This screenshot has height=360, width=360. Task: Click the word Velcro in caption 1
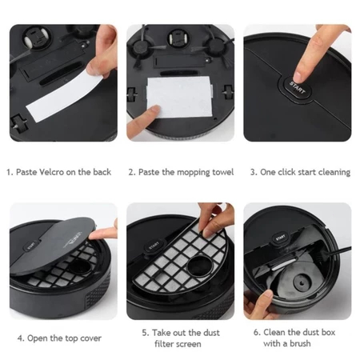coord(51,172)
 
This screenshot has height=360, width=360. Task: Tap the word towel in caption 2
coord(223,172)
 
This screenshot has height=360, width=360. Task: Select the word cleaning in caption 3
coord(334,173)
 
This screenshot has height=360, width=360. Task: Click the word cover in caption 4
coord(90,338)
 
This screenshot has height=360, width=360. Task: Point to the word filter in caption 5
coord(164,344)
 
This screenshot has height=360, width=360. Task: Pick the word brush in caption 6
coord(300,343)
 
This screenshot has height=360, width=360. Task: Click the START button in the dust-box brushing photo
coord(280,238)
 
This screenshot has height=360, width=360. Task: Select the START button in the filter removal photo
coord(154,245)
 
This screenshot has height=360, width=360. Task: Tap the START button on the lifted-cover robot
coord(31,246)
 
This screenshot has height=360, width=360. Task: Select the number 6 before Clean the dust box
coord(256,332)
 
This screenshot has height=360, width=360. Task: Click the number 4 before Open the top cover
coord(21,338)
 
